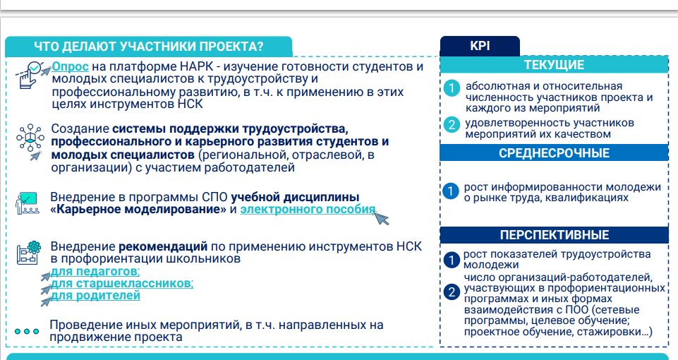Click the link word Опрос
tap(70, 66)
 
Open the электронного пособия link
tap(308, 210)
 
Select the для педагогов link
tap(95, 271)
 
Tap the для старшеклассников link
tap(122, 284)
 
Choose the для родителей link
tap(95, 296)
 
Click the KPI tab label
tap(480, 46)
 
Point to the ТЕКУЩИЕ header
tap(554, 65)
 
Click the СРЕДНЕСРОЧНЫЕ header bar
tap(554, 153)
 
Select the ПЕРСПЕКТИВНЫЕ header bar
tap(554, 235)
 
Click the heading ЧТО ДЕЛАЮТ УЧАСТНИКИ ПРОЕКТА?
tap(149, 47)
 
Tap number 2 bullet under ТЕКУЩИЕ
tap(452, 125)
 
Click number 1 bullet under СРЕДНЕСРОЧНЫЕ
tap(450, 191)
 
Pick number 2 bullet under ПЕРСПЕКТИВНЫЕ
tap(452, 292)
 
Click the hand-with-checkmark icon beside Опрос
tap(31, 74)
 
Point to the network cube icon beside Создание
tap(30, 141)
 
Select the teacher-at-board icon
tap(28, 203)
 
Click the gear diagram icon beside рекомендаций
tap(28, 253)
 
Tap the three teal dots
tap(27, 332)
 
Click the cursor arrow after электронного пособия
tap(382, 218)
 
